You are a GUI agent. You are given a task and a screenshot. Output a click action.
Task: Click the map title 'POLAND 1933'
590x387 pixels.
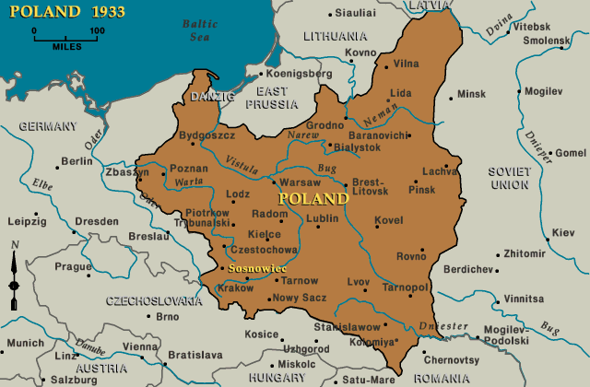[x=64, y=15]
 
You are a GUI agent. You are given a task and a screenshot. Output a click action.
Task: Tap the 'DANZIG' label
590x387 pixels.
[x=212, y=96]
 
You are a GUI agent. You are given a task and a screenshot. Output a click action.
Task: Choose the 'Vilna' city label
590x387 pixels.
[x=406, y=64]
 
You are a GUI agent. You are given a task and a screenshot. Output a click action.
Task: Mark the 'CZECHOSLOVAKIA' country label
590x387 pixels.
[x=152, y=301]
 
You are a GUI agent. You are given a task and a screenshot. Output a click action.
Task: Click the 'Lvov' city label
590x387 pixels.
[x=359, y=281]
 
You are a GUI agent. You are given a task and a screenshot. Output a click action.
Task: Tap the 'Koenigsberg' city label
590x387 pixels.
[x=299, y=73]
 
